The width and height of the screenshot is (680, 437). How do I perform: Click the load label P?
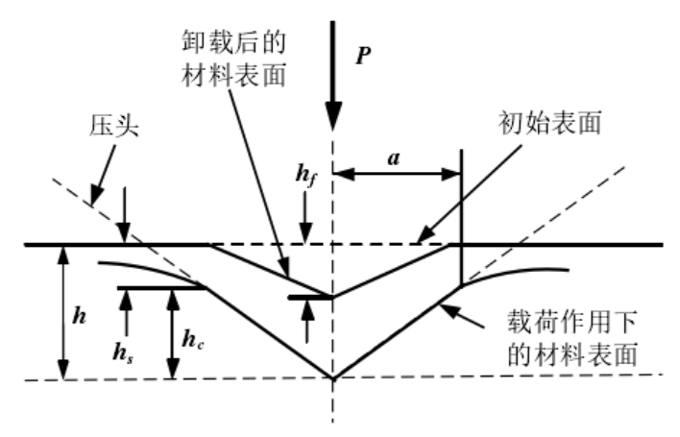[363, 56]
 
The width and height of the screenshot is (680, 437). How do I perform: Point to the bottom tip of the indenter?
[332, 377]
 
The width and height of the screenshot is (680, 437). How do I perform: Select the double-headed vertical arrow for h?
[64, 311]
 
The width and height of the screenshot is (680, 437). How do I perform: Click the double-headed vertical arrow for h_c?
[171, 331]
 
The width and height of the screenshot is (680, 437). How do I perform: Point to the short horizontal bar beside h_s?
[158, 286]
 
